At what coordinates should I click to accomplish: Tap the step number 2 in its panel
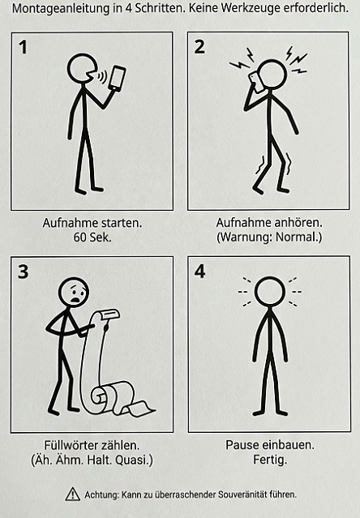(199, 47)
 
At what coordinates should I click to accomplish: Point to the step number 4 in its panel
(200, 272)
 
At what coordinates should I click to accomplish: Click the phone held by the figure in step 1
(117, 79)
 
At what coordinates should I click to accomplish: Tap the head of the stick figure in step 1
(81, 68)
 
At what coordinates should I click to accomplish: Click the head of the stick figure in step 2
(272, 75)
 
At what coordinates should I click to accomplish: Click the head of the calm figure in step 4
(269, 292)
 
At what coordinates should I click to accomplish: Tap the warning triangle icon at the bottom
(73, 494)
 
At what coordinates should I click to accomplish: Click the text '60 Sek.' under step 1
(92, 237)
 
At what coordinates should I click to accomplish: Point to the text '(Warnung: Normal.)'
(269, 237)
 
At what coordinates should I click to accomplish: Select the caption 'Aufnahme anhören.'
(269, 222)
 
